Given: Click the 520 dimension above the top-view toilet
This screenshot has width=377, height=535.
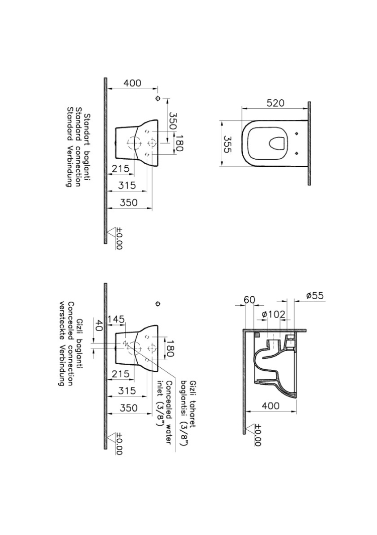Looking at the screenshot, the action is (275, 103).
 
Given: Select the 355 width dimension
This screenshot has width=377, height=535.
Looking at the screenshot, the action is (228, 144).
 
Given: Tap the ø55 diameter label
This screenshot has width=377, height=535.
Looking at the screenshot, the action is (315, 296).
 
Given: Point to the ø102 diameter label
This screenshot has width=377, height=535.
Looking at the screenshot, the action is (273, 314).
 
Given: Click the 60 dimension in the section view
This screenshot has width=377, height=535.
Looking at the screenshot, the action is (249, 300).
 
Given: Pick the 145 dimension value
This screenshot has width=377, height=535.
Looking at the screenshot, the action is (116, 319).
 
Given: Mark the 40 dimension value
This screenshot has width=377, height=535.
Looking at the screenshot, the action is (99, 325).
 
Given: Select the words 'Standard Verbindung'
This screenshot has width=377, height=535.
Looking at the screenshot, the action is (69, 147).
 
